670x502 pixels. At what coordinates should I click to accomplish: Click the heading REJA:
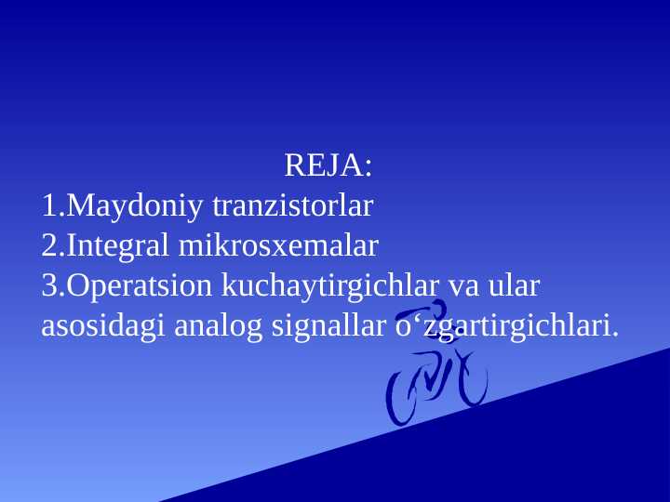328,165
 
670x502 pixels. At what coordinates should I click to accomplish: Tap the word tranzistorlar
293,205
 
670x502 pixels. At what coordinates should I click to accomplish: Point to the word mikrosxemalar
278,245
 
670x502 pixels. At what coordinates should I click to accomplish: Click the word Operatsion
139,287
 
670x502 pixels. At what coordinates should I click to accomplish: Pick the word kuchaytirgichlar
329,287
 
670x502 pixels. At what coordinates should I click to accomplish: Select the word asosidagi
103,326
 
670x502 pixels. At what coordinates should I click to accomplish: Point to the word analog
218,326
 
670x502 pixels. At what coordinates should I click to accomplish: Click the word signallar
328,326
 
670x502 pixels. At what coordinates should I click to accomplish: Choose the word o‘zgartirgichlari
507,326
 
